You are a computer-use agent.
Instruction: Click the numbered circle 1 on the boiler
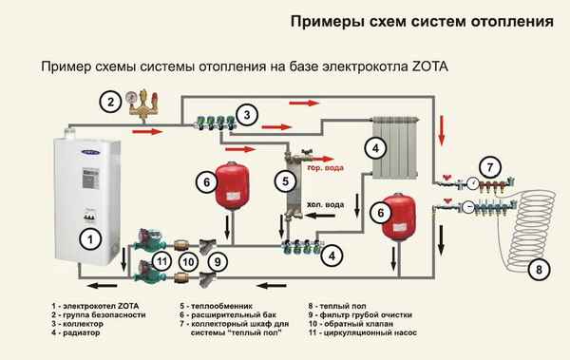[86, 240]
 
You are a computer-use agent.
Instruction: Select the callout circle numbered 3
[247, 116]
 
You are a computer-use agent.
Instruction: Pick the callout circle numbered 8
[540, 270]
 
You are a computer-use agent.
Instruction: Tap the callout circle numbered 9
[218, 260]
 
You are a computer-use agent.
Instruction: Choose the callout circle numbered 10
[189, 260]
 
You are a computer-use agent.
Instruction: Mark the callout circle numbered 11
[162, 260]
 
